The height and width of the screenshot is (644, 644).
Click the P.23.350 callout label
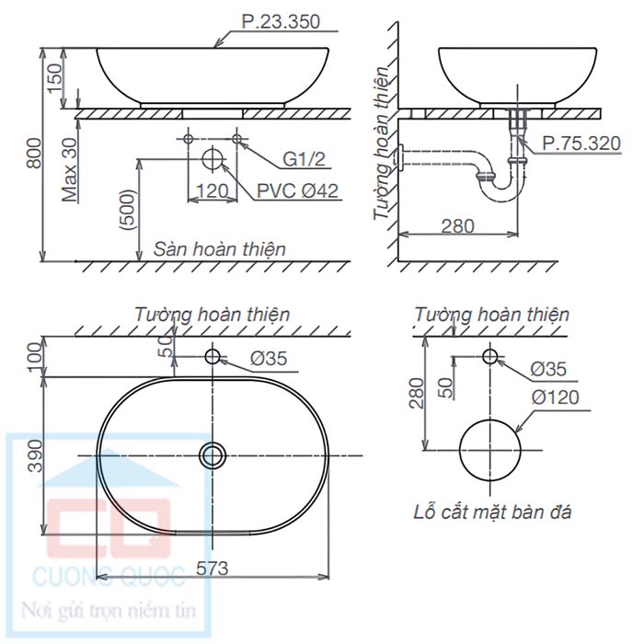click(281, 21)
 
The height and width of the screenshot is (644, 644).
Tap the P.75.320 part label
click(581, 144)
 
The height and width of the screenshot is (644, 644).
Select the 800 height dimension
click(35, 154)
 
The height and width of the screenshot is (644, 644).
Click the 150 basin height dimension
click(54, 78)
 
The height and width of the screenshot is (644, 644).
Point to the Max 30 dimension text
click(70, 169)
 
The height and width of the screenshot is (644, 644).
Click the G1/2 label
click(304, 159)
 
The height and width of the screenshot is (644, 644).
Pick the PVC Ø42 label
click(297, 190)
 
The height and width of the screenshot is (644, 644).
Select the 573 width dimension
click(212, 569)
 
